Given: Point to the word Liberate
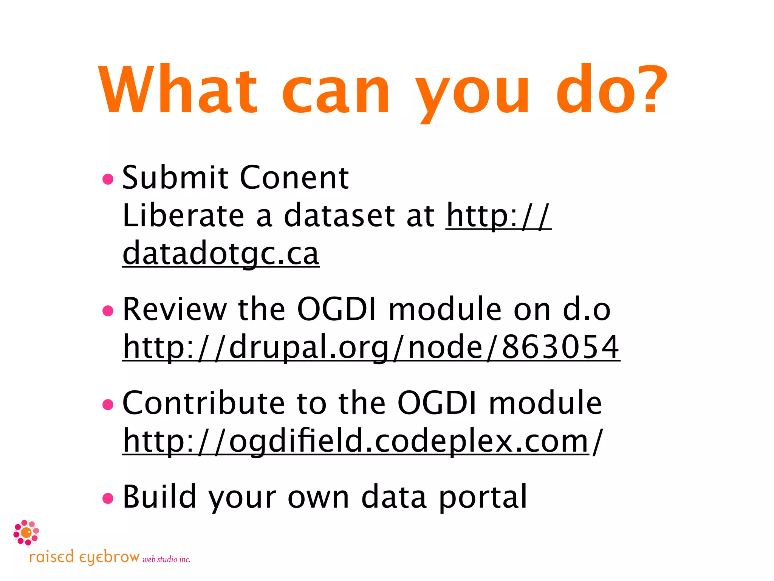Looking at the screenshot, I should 184,216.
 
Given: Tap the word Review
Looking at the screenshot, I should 175,309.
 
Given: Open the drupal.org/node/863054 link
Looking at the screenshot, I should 371,347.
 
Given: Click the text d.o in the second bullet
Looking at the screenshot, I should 587,309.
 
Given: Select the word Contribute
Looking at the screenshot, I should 203,403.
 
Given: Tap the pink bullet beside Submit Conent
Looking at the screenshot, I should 108,179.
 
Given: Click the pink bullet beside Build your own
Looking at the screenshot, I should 108,498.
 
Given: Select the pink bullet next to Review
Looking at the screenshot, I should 108,311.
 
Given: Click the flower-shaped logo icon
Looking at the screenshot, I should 26,533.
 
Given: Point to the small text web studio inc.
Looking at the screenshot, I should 166,559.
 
